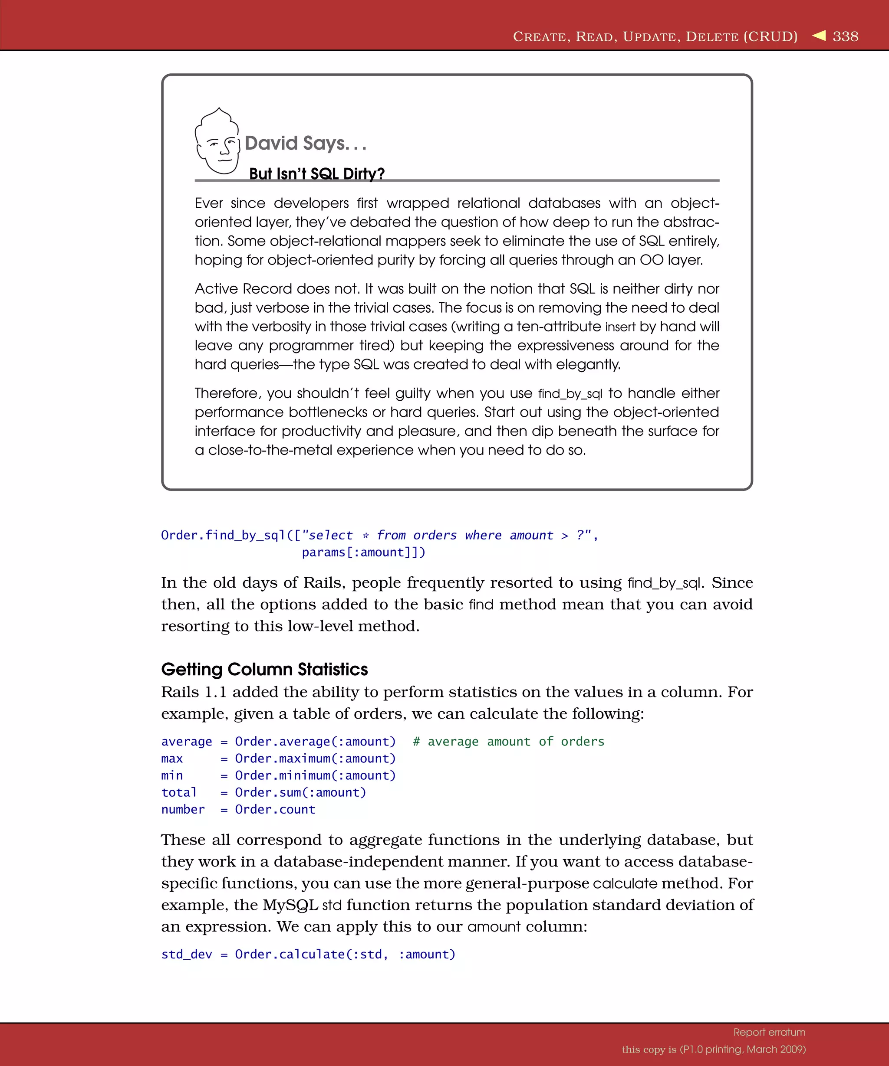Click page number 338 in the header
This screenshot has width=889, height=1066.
[x=845, y=36]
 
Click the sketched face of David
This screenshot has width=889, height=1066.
[x=218, y=143]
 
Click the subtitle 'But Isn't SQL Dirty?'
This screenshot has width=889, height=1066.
[x=316, y=173]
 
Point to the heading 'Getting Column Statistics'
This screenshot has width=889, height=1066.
[x=264, y=669]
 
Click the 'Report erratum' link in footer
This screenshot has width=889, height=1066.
[x=769, y=1032]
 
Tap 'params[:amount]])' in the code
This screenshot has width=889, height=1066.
[x=363, y=552]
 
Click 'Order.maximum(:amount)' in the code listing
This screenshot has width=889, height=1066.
[x=315, y=759]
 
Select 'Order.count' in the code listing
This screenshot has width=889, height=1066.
[x=275, y=809]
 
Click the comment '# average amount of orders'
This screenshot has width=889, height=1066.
[x=508, y=742]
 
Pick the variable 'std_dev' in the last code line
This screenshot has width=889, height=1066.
[x=186, y=954]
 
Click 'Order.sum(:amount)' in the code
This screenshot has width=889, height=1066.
[x=300, y=792]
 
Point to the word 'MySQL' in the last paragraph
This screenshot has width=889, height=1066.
[x=290, y=905]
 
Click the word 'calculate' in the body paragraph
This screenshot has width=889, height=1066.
[x=625, y=883]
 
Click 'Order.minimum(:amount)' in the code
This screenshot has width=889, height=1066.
[x=315, y=775]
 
